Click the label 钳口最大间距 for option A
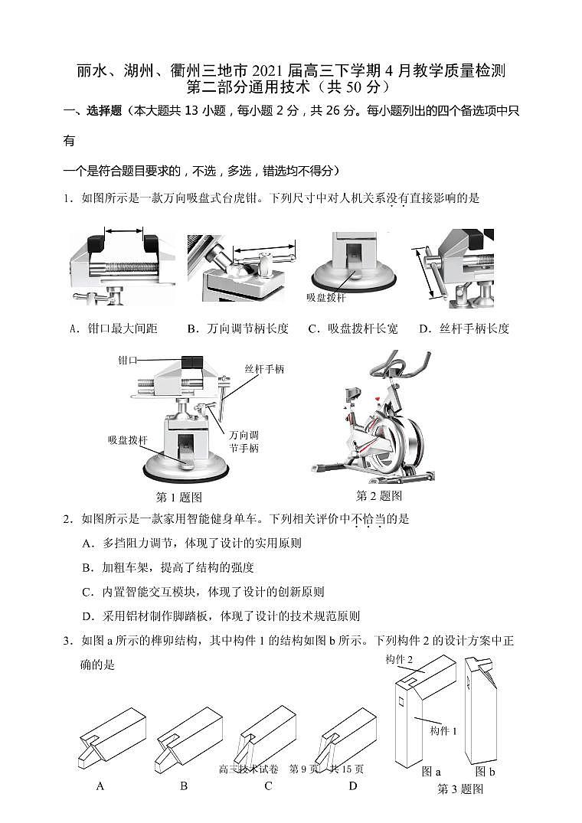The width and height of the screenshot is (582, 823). [123, 328]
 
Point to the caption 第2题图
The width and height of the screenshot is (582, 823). [379, 495]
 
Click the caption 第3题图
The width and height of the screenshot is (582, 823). [459, 789]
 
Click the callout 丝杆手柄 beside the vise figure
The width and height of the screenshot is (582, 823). [264, 369]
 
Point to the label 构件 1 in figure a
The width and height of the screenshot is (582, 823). [443, 730]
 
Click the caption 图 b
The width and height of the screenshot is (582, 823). [485, 771]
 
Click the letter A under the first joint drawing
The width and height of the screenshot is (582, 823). [100, 785]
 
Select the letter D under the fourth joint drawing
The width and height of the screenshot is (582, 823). [353, 785]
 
